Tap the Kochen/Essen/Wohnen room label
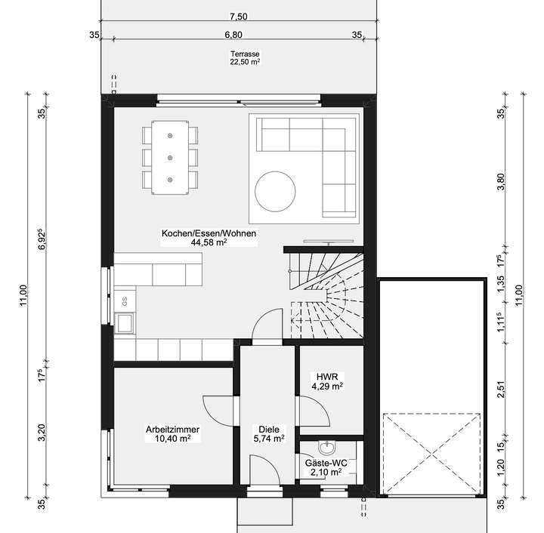tap(209, 234)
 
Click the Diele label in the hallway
tap(268, 428)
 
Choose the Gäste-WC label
tap(327, 461)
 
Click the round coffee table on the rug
tap(277, 192)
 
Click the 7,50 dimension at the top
tap(238, 16)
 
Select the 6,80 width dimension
tap(233, 34)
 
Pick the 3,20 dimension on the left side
tap(42, 432)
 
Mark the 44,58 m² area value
tap(209, 243)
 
